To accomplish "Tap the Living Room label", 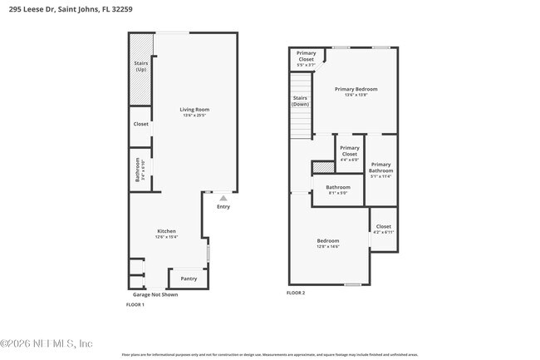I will coord(195,110).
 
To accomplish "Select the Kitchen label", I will coord(167,232).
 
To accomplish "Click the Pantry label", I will coord(189,279).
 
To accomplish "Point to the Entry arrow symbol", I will coord(223,199).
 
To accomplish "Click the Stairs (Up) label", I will coord(140,66).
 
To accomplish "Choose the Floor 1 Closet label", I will coord(140,124).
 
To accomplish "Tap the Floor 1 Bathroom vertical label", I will coord(140,170).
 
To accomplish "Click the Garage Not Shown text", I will coord(155,294).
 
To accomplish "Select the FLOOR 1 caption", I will coord(135,305).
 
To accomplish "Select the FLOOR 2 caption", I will coord(296,293).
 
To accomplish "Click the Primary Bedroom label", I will coord(356,90).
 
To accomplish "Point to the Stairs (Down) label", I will coord(301,101).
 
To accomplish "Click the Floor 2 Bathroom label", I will coord(337,188).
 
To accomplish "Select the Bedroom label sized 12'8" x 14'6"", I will coord(327,243).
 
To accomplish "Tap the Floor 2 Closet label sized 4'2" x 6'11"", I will coord(383,227).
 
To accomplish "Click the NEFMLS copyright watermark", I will coord(47,343).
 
